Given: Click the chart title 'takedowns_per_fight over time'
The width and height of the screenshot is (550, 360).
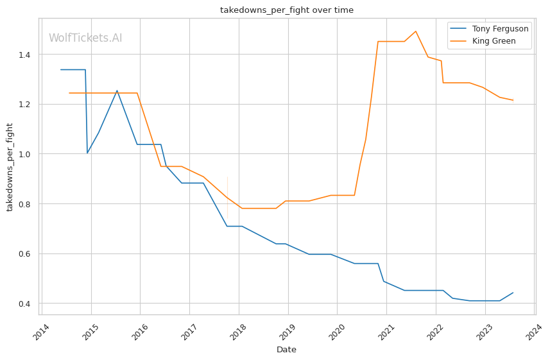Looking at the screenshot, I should tap(286, 10).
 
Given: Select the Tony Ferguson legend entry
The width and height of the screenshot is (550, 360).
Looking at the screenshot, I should tap(489, 29).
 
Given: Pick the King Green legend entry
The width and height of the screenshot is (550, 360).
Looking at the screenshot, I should tap(489, 42).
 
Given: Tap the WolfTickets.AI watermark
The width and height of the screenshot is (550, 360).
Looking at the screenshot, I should tap(85, 38).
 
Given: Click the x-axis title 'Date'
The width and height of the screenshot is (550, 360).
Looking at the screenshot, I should tap(286, 350).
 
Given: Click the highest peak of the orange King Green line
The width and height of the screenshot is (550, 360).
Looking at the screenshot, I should tap(416, 31).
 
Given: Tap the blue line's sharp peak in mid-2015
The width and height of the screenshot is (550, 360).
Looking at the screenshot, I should tap(117, 90).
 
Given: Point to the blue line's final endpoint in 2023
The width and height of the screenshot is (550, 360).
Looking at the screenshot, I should tap(513, 293).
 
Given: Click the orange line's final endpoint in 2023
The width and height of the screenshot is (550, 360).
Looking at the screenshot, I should tap(513, 100).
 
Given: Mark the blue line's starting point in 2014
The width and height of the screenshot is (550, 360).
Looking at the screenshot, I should tap(60, 69).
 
